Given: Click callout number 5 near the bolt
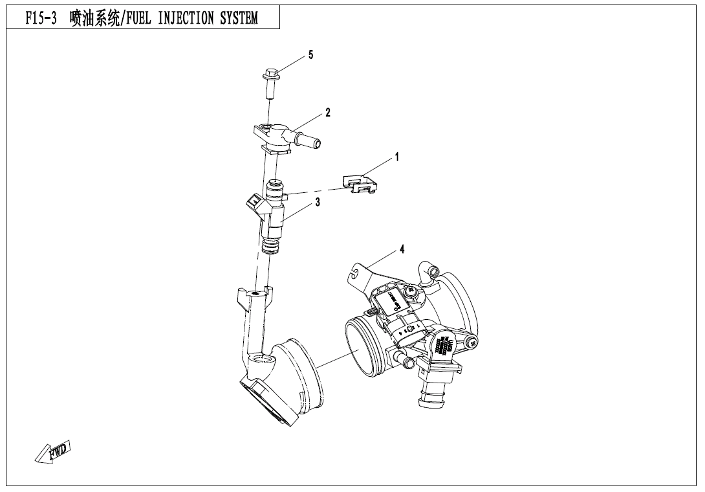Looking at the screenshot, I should [310, 55].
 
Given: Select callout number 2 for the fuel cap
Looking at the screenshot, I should [328, 113].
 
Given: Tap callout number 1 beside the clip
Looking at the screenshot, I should [396, 157].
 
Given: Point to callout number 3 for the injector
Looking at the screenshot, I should [318, 202].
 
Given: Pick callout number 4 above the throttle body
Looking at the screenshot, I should [402, 250].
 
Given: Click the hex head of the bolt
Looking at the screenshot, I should [270, 73].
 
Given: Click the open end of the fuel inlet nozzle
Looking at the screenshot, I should [319, 140].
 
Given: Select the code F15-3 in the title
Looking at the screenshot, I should [41, 19].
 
